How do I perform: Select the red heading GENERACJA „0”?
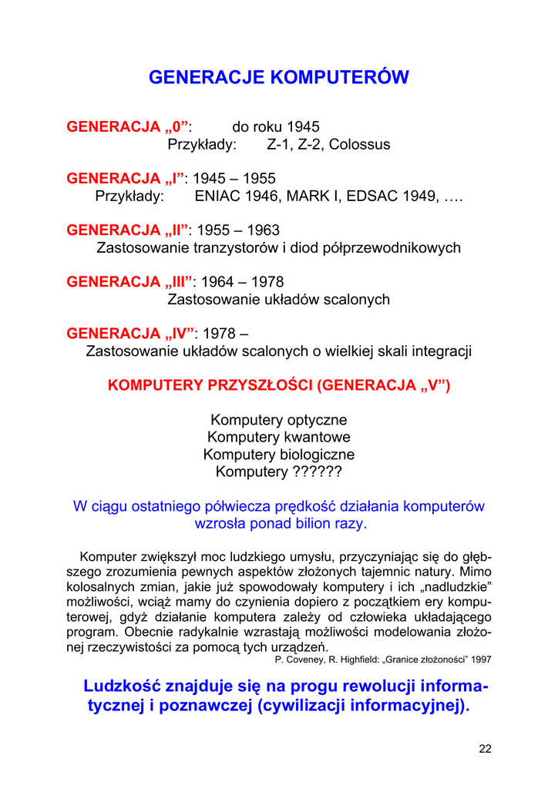128,126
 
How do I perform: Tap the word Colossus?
360,145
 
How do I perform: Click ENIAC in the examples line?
218,196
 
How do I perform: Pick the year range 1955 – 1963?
239,230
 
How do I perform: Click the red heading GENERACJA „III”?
129,282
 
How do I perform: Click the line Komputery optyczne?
279,420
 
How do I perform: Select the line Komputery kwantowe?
279,438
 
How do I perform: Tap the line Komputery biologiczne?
279,455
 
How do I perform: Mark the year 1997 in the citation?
481,660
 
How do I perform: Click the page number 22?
485,748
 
